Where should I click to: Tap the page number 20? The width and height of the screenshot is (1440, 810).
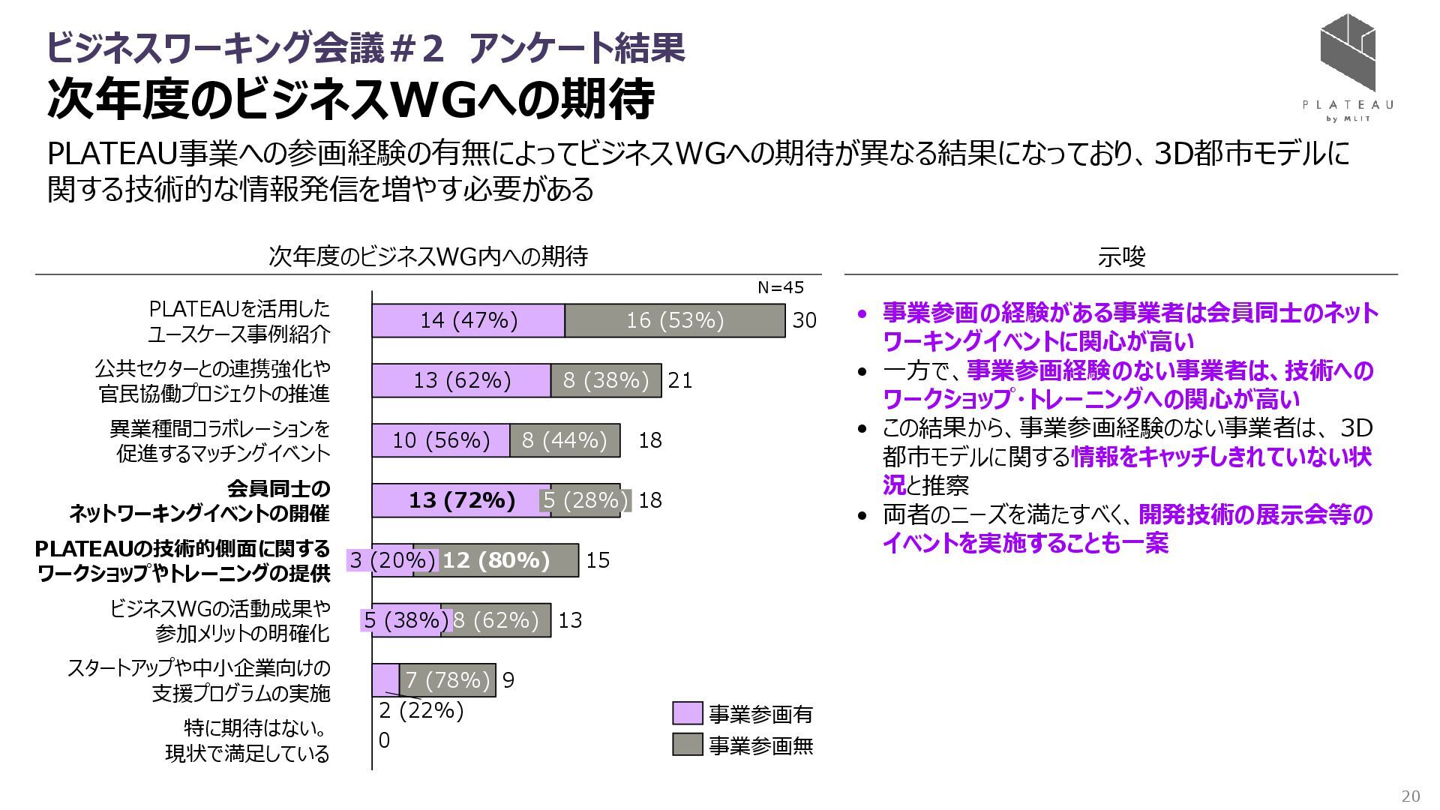1411,796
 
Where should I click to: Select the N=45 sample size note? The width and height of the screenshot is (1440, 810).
780,287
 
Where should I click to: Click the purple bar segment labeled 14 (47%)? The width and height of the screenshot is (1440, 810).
469,320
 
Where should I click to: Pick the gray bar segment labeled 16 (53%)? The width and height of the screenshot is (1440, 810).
675,320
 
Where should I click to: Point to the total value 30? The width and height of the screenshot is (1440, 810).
804,320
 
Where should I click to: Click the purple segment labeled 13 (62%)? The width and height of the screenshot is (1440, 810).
462,380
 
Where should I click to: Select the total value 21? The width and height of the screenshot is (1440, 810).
679,380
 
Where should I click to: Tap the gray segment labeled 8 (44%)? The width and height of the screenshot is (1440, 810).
565,440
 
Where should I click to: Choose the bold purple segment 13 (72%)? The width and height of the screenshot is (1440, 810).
462,500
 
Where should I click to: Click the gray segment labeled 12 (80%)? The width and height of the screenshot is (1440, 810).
496,560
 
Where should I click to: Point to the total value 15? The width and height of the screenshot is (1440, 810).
598,560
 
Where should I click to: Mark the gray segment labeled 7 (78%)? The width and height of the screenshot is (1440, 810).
448,680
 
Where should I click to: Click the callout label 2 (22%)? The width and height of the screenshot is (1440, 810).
421,710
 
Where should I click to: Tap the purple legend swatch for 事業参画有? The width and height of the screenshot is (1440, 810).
687,713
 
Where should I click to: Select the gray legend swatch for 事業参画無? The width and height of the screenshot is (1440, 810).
687,745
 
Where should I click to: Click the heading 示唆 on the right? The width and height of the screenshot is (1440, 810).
1121,257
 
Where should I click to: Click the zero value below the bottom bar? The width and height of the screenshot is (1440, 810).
384,740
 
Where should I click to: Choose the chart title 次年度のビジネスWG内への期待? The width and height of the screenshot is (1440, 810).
428,256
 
